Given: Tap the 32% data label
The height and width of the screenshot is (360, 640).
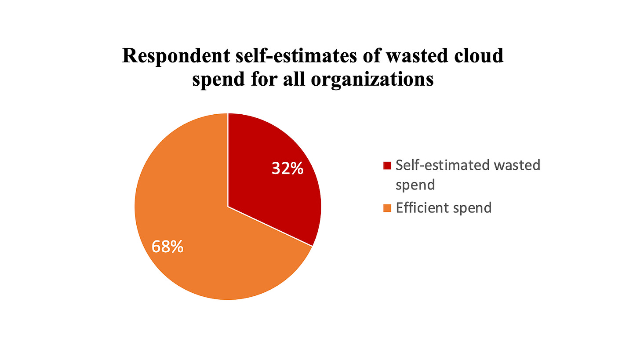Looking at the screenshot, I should point(287,168).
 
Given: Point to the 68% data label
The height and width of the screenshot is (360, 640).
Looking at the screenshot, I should point(167,247).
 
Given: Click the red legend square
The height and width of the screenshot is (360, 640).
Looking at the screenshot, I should point(387,165).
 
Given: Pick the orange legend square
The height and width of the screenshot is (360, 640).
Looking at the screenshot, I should point(387,208).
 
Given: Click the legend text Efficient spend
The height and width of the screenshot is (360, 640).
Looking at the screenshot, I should point(443,207).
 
